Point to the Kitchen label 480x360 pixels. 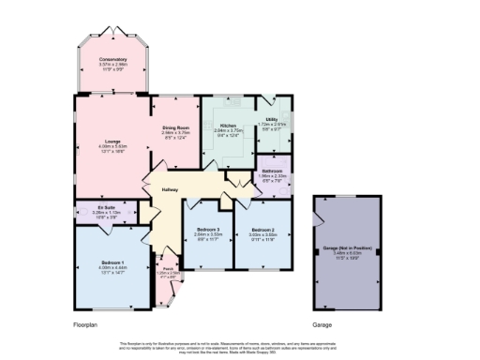tap(228, 126)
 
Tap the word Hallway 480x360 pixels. tap(170, 190)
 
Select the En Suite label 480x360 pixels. tap(105, 208)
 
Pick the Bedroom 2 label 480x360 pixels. tap(262, 230)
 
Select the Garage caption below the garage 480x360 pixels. tap(324, 324)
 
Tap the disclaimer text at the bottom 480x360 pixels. tap(240, 347)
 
